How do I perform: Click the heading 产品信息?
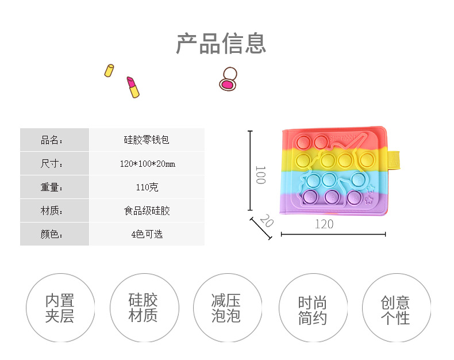tap(221, 44)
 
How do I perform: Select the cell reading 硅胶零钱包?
tap(147, 140)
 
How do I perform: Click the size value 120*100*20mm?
tap(147, 164)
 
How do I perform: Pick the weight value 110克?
tap(147, 187)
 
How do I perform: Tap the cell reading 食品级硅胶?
tap(147, 211)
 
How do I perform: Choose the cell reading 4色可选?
tap(147, 235)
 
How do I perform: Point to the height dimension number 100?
tap(260, 175)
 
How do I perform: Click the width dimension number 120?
tap(324, 224)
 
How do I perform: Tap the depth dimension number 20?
tap(266, 220)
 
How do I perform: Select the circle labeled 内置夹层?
tap(60, 308)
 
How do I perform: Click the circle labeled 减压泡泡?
tap(226, 308)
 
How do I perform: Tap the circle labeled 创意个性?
tap(395, 308)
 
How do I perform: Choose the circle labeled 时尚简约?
tap(312, 309)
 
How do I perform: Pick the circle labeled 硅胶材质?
tap(143, 308)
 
